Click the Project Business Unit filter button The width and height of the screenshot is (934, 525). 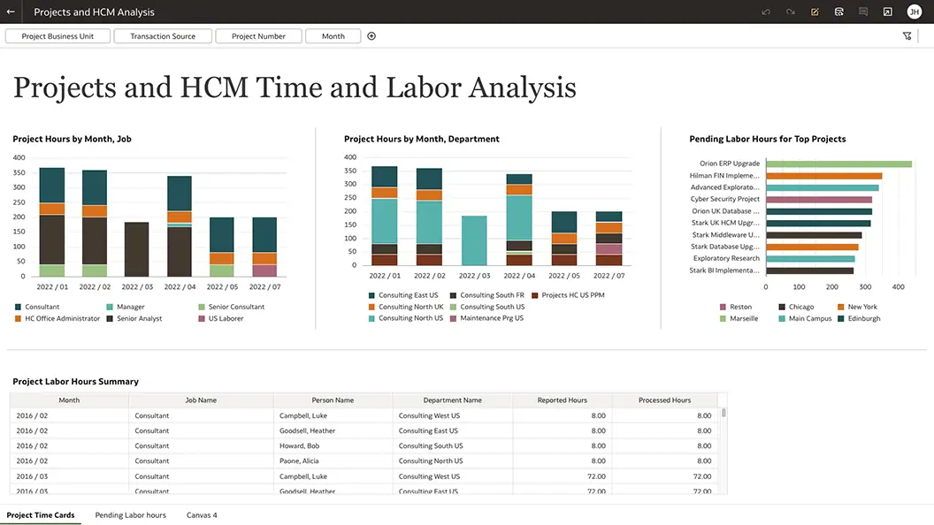58,36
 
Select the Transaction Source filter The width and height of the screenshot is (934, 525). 163,36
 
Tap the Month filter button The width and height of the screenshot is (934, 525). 333,36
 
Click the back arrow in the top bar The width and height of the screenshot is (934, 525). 11,11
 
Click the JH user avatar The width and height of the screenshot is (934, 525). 914,11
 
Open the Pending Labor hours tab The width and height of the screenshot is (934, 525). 130,515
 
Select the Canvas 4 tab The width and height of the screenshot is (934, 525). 202,515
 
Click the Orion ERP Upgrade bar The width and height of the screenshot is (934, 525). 838,164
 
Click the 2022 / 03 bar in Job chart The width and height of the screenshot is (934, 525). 136,249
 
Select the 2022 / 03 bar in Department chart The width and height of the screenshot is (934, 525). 474,240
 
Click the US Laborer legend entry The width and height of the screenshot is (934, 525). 226,318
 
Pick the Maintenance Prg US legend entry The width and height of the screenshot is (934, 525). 491,318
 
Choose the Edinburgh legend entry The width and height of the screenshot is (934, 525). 863,318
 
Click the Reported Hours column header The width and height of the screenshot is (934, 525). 562,400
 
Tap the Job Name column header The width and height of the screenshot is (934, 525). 201,400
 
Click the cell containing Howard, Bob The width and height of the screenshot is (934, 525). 299,446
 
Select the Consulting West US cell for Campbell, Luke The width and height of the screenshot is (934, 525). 429,415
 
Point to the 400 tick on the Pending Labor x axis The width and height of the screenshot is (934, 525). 898,287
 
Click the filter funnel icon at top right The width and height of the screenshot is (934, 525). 907,36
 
